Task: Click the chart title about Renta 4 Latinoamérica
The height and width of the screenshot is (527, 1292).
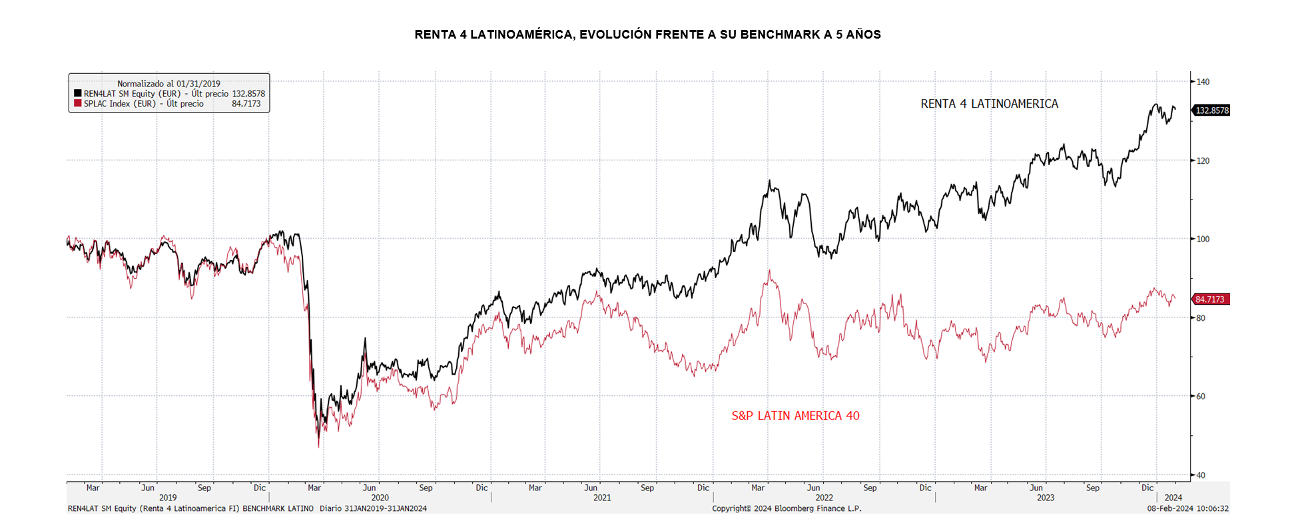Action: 647,35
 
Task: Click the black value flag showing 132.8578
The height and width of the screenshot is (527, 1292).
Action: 1211,110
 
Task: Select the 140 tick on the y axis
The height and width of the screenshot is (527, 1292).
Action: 1203,82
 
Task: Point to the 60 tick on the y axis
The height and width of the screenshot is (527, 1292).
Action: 1201,397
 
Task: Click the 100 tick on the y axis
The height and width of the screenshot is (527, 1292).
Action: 1203,239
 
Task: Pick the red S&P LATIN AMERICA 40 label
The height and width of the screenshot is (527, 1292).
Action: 795,416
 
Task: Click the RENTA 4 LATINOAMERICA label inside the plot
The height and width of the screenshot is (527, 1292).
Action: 989,104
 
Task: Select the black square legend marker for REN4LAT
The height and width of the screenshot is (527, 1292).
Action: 78,94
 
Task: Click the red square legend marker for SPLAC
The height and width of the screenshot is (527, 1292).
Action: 78,104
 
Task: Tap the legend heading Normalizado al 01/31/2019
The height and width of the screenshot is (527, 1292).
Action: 168,84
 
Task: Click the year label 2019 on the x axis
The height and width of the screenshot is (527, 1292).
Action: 168,498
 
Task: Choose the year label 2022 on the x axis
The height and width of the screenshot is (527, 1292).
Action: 824,498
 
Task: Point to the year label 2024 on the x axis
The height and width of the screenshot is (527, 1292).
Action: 1173,498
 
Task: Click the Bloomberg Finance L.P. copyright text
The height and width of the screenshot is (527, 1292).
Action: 787,508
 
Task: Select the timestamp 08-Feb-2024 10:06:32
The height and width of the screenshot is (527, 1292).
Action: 1187,508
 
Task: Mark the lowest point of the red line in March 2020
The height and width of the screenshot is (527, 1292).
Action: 318,446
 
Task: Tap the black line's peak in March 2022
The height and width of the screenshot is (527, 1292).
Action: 769,180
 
